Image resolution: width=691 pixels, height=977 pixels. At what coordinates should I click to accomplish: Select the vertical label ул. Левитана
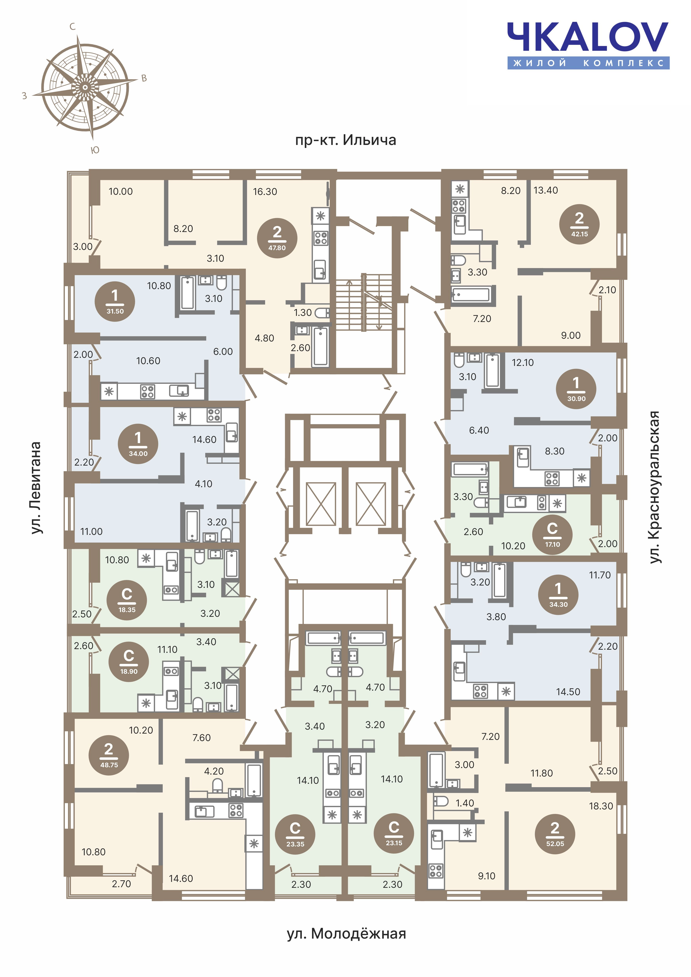point(36,488)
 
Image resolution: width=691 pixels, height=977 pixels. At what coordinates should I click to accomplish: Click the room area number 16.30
point(265,192)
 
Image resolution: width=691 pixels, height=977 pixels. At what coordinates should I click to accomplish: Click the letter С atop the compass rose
point(72,27)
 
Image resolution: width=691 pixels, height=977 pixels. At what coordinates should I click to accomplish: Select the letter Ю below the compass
point(95,150)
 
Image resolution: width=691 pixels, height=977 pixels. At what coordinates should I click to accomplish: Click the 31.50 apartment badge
point(115,301)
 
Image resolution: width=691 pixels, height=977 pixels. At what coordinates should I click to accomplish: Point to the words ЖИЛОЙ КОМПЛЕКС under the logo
point(588,63)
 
